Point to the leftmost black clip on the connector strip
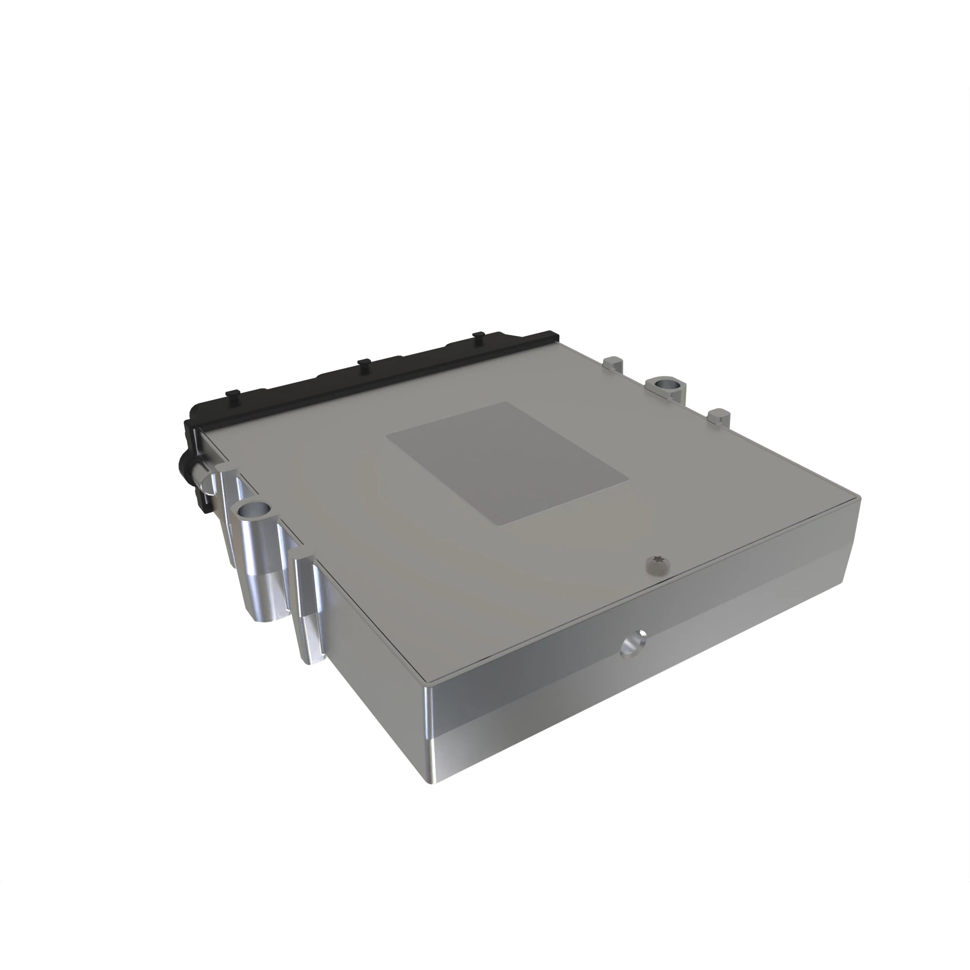233,395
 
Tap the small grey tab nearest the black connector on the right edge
613,363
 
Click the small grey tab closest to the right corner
719,417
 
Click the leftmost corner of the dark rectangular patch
388,436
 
